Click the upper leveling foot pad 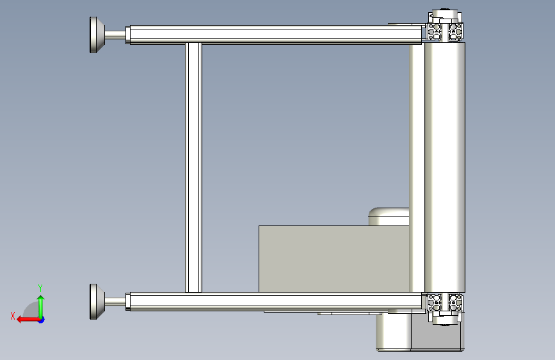pos(97,35)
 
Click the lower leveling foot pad pos(97,302)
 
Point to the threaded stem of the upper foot pos(115,35)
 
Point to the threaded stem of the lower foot pos(115,302)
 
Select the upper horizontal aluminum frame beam pos(275,35)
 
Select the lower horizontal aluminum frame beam pos(275,302)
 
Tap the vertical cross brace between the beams pos(193,168)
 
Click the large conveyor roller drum pos(444,167)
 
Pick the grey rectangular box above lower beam pos(334,259)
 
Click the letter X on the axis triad pos(13,316)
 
